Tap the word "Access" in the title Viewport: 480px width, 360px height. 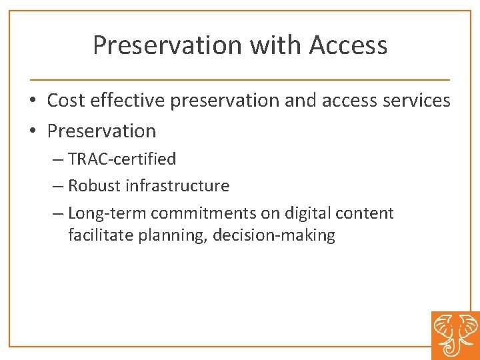pos(348,45)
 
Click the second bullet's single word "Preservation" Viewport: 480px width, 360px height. pos(101,131)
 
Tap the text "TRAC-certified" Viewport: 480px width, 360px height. pos(122,159)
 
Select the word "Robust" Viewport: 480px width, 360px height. pos(94,186)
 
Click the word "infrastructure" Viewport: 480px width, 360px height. pos(177,186)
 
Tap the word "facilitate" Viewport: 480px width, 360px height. pos(101,235)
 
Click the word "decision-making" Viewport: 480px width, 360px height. pos(274,236)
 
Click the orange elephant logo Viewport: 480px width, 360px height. pos(455,335)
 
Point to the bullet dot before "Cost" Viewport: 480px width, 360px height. pos(32,101)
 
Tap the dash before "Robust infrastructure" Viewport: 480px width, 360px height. pos(57,187)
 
